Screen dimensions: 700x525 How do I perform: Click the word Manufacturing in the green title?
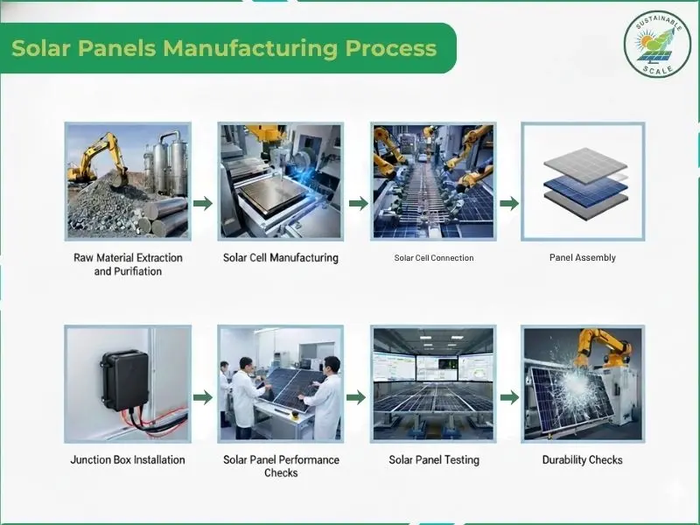250,48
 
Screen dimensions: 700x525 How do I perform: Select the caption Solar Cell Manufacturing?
281,258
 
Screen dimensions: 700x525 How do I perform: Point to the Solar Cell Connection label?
433,258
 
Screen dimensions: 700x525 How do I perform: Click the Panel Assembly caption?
583,257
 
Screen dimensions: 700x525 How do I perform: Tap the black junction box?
125,380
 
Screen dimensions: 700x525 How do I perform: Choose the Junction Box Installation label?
128,460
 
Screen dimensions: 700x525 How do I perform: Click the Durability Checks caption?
582,460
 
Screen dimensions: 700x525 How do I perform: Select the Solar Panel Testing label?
434,460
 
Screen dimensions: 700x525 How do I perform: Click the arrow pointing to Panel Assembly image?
509,204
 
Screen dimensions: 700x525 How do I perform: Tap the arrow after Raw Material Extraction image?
203,204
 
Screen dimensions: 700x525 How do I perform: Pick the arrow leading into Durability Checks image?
509,397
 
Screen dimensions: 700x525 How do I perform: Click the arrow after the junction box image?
203,397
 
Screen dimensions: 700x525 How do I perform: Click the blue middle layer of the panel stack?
585,189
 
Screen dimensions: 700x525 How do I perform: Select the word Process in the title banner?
391,48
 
